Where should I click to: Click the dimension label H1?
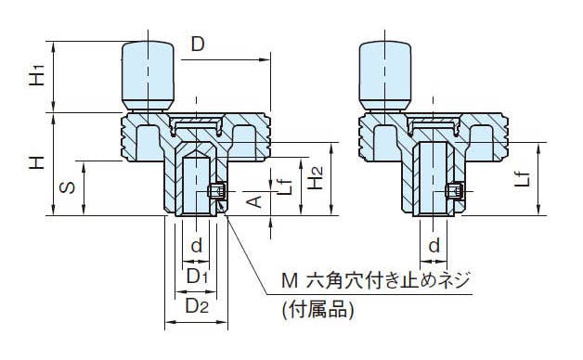pos(37,75)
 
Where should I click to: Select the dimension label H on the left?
pos(37,162)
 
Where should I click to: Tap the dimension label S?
pos(67,187)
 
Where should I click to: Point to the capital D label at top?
pos(198,45)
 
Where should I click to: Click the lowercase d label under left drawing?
pos(196,245)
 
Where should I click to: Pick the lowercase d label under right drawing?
pos(434,245)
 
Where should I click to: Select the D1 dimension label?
pos(198,276)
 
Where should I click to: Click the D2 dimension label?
pos(197,306)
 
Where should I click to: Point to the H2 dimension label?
pos(316,178)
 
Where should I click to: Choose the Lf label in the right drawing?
pos(523,179)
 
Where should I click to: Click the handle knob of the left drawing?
pos(148,76)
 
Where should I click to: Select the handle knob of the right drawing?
pos(385,76)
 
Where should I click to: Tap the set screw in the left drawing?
pos(216,191)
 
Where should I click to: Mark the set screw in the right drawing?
pos(454,191)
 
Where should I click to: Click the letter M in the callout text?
pos(290,281)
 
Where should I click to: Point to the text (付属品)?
pos(317,310)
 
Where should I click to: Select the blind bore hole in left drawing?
pos(196,183)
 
